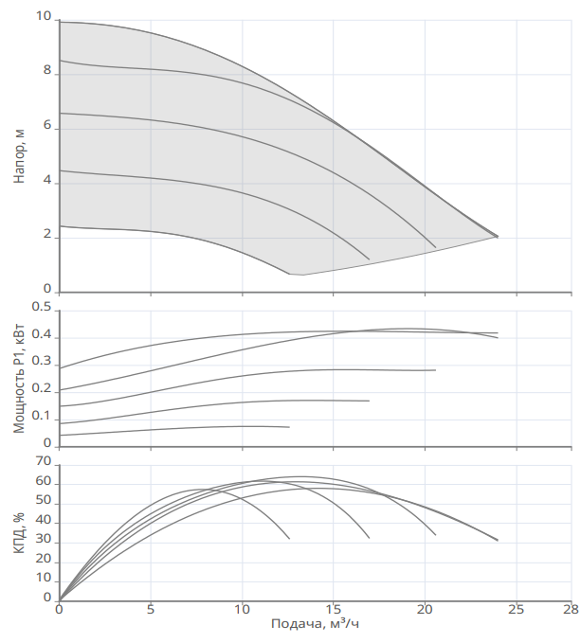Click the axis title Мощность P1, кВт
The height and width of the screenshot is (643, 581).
[x=19, y=377]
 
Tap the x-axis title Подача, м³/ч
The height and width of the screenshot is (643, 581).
[x=316, y=623]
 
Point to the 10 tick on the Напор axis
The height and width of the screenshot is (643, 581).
[x=44, y=17]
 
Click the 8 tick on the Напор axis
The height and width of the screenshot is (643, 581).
[x=47, y=71]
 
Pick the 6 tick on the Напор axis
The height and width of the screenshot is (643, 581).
[x=47, y=126]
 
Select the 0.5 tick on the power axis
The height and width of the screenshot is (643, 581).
[x=41, y=308]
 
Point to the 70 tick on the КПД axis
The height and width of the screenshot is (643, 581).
[x=43, y=461]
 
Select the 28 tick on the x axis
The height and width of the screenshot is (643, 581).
[x=570, y=609]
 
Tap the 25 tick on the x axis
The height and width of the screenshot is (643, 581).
[x=516, y=609]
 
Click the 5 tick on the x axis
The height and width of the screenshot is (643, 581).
[x=151, y=609]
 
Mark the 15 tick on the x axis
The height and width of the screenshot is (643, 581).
[x=334, y=609]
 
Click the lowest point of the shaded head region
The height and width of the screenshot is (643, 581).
[x=298, y=275]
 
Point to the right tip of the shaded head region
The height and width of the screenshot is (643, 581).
[x=498, y=236]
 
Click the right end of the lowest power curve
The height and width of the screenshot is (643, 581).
[x=289, y=427]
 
